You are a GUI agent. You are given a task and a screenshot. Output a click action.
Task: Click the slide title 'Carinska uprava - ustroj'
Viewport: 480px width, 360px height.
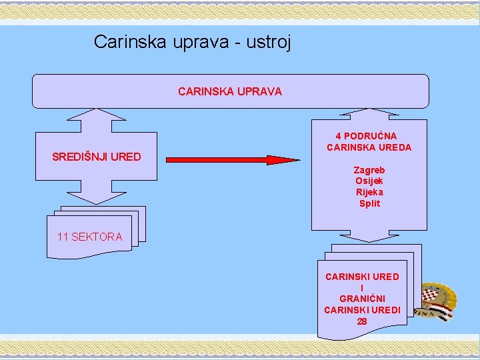192,42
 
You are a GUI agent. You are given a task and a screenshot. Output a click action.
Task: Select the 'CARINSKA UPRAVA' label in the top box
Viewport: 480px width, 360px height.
230,91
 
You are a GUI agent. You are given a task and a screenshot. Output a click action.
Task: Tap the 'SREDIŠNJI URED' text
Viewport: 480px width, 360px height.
97,157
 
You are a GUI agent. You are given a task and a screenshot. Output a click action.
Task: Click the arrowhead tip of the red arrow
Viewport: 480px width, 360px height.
298,160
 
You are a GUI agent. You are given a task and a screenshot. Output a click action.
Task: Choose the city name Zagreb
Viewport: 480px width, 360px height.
369,170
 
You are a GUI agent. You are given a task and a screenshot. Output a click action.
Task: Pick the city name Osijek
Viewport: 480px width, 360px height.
369,181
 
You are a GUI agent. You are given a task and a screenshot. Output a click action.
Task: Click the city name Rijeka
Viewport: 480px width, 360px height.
369,193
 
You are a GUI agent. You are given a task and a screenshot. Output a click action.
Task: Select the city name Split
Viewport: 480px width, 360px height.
369,203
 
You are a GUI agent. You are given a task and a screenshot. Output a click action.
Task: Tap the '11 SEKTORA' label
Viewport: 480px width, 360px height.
90,237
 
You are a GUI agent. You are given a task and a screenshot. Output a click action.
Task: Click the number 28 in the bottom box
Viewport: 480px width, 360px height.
361,321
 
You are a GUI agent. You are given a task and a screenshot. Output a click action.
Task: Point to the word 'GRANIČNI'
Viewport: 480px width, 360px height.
362,299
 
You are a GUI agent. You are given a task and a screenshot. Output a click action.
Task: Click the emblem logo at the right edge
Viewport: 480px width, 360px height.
439,301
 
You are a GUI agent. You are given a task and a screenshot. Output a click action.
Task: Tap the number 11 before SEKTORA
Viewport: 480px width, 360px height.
63,237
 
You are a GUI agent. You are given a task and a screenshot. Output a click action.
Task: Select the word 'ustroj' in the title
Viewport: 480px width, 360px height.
269,42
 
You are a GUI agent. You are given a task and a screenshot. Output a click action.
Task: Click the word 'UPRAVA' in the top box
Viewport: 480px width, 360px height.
260,91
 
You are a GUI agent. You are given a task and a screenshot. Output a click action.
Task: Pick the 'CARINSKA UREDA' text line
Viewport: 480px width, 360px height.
369,147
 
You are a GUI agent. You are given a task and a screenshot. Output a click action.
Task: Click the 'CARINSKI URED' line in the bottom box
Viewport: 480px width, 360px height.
362,277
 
